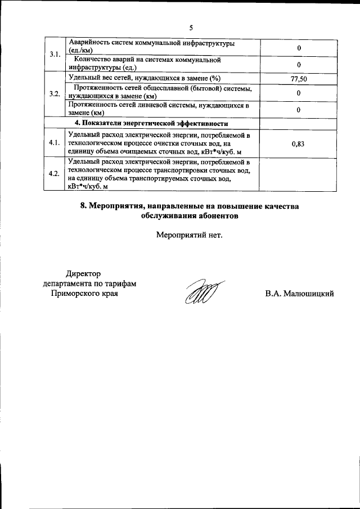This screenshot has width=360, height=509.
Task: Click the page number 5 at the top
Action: coord(191,28)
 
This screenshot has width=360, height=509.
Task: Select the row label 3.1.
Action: coord(55,55)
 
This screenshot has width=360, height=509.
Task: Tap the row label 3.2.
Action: coord(55,93)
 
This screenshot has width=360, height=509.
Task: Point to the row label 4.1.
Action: coord(55,143)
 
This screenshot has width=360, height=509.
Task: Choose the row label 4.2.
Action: coord(55,173)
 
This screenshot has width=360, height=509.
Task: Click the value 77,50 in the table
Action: coord(299,79)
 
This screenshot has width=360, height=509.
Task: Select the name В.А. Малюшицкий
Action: coord(300,293)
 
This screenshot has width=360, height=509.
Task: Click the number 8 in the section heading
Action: coord(83,206)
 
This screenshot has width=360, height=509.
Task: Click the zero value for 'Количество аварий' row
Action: coord(299,64)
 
